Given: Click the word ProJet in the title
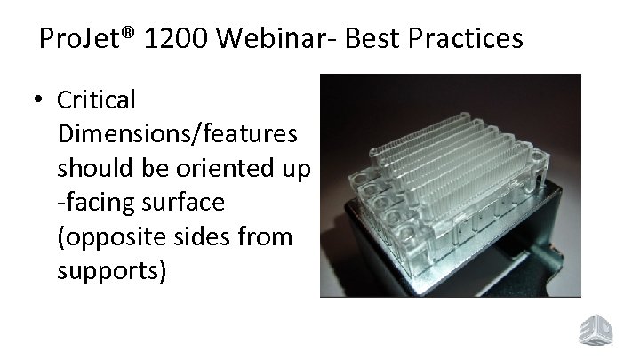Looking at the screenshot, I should (x=76, y=39).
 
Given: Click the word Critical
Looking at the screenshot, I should (x=96, y=100).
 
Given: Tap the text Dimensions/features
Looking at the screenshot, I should (x=178, y=134).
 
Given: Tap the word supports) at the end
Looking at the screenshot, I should (x=111, y=270).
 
